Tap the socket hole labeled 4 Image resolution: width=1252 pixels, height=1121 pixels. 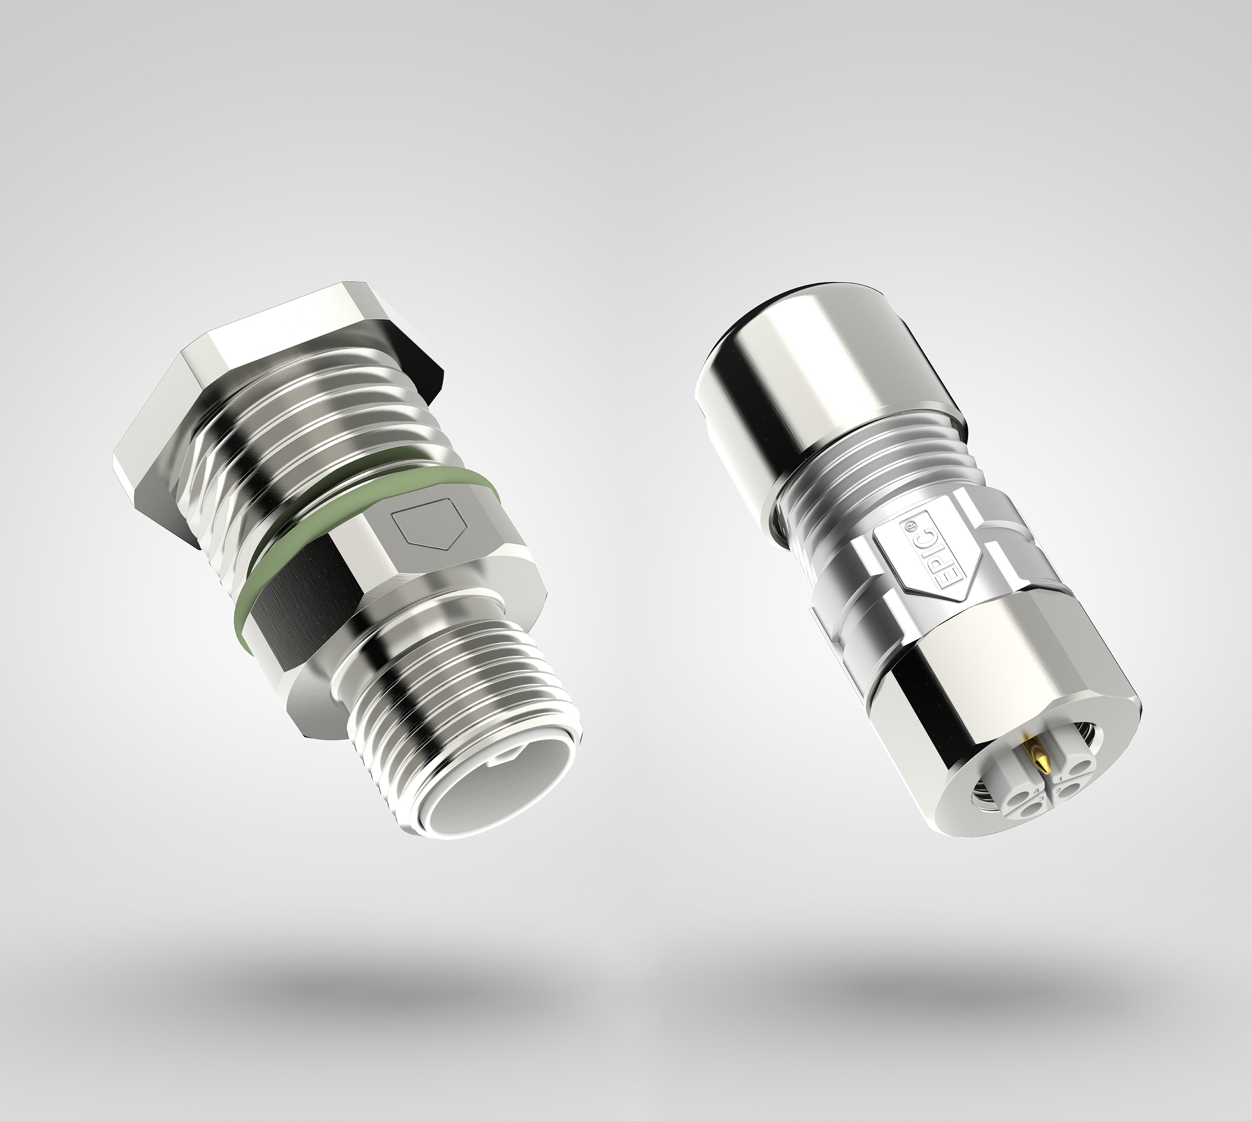click(1018, 799)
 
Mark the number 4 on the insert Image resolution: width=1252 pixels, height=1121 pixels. click(1037, 791)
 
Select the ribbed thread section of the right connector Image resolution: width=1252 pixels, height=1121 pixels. click(863, 486)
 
